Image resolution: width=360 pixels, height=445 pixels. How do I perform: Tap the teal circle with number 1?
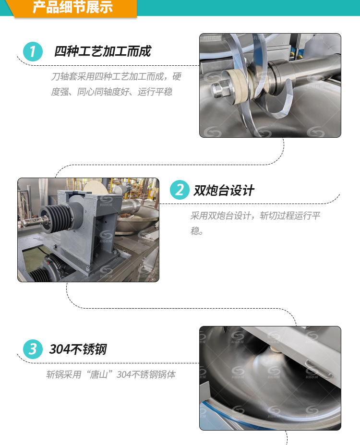pos(33,51)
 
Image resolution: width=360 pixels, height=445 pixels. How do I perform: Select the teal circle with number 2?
pos(180,190)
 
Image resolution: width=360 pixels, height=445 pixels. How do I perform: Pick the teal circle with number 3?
pos(33,349)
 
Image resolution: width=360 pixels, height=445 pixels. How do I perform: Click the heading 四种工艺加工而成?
pos(102,51)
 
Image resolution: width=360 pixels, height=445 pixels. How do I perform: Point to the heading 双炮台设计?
pos(224,190)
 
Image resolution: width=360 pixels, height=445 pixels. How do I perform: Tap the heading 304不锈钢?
pos(78,349)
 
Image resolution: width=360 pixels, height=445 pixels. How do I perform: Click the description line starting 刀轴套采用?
pos(116,76)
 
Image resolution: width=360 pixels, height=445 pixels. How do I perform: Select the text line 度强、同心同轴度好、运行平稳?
pos(111,92)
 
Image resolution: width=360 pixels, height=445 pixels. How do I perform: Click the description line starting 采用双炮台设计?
pos(255,216)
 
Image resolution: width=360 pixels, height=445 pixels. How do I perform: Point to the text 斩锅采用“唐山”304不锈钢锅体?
pos(111,374)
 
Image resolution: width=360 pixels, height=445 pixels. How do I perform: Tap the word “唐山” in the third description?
pos(99,374)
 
